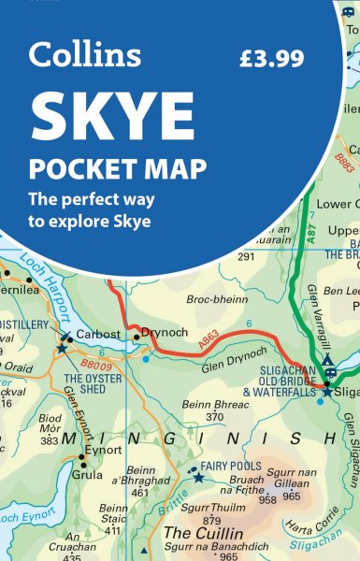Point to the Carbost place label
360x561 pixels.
[97, 332]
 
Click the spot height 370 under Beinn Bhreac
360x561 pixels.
[216, 417]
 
